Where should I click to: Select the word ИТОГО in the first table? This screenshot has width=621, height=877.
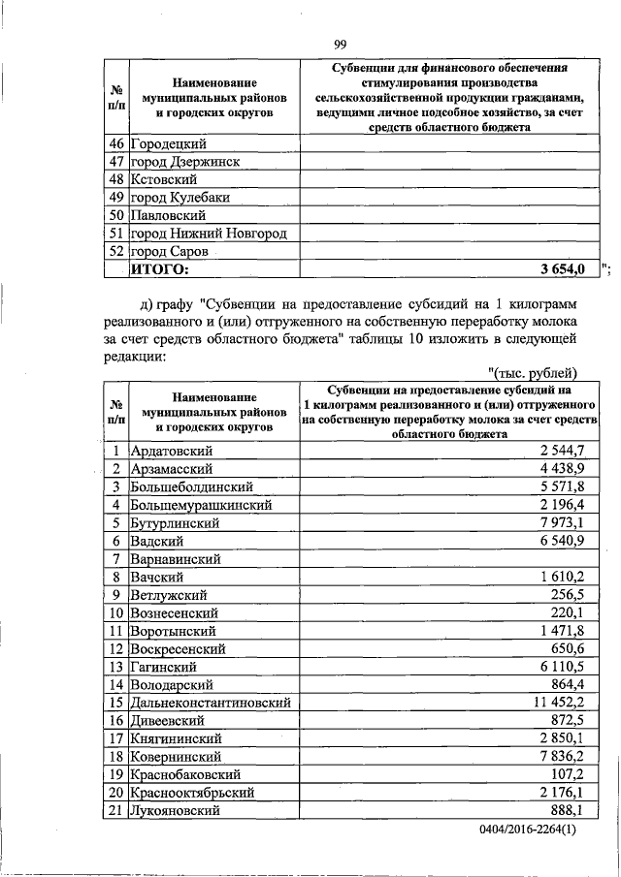160,269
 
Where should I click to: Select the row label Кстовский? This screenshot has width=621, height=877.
164,179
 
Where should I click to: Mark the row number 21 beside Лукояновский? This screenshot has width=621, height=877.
115,811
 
